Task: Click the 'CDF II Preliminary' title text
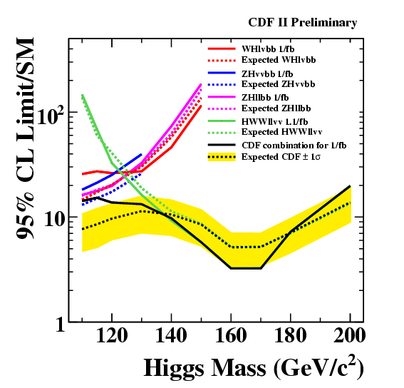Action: tap(303, 23)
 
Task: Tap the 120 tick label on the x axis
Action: tap(112, 336)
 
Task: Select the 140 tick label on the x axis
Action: tap(171, 336)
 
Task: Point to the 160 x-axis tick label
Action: tap(231, 336)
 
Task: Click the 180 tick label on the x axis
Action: tap(291, 336)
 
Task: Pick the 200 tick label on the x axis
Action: tap(349, 336)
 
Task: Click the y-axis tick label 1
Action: tap(61, 325)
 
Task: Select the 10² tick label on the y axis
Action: tap(51, 116)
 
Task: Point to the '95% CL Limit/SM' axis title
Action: tap(25, 138)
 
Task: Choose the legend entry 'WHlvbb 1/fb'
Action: tap(268, 48)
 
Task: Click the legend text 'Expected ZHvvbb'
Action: tap(279, 84)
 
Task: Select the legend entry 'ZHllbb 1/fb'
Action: tap(265, 98)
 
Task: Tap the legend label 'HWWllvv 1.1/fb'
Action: tap(274, 121)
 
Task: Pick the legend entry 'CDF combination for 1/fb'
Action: tap(294, 145)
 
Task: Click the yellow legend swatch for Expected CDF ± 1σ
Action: tap(222, 157)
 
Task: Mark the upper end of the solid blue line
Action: tap(142, 154)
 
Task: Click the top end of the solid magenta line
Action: tap(201, 84)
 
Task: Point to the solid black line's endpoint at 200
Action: tap(350, 186)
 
